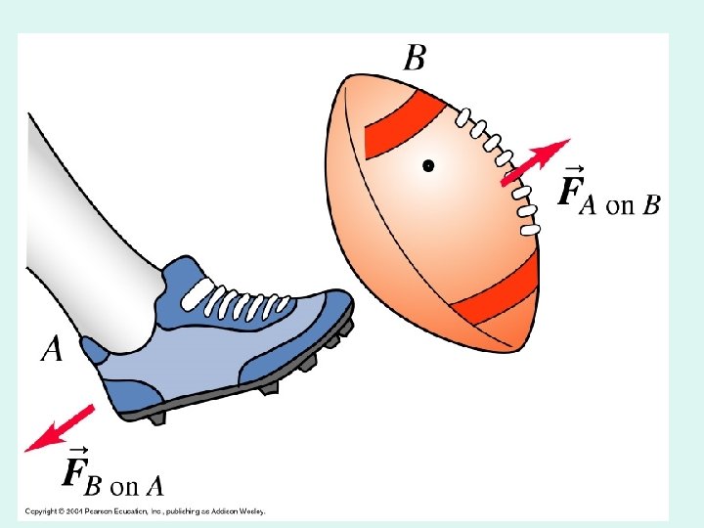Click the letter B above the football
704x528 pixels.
click(415, 57)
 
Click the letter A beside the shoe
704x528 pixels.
click(52, 348)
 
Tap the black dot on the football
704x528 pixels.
click(428, 166)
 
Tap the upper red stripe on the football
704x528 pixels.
click(395, 122)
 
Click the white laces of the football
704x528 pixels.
click(504, 166)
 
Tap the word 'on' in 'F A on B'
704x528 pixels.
click(620, 205)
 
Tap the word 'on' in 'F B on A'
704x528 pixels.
click(123, 485)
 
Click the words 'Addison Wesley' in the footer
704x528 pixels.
click(238, 510)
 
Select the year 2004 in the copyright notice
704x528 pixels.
click(64, 510)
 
